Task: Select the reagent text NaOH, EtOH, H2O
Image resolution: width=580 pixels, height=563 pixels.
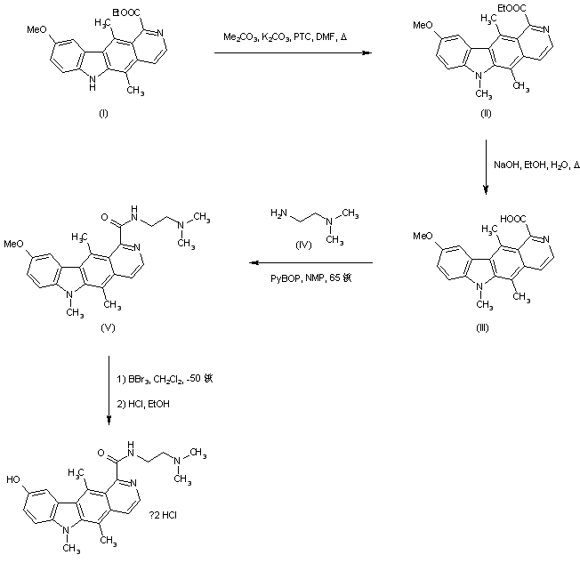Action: pyautogui.click(x=537, y=165)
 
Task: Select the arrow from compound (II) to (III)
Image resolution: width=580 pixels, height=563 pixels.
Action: pyautogui.click(x=486, y=165)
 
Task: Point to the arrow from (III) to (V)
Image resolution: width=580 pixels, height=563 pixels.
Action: pyautogui.click(x=310, y=263)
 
